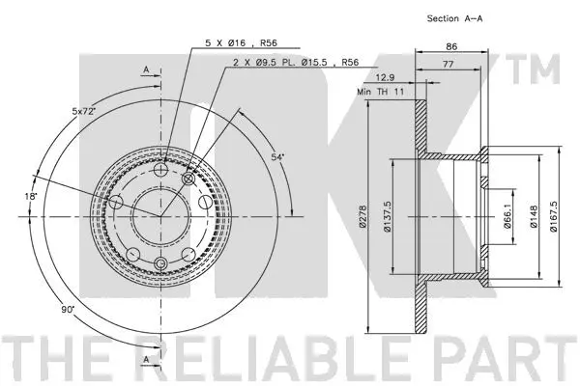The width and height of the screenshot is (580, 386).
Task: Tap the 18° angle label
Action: tap(33, 197)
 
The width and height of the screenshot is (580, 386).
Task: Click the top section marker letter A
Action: tap(145, 70)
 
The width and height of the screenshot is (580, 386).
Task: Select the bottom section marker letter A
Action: tap(145, 360)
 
